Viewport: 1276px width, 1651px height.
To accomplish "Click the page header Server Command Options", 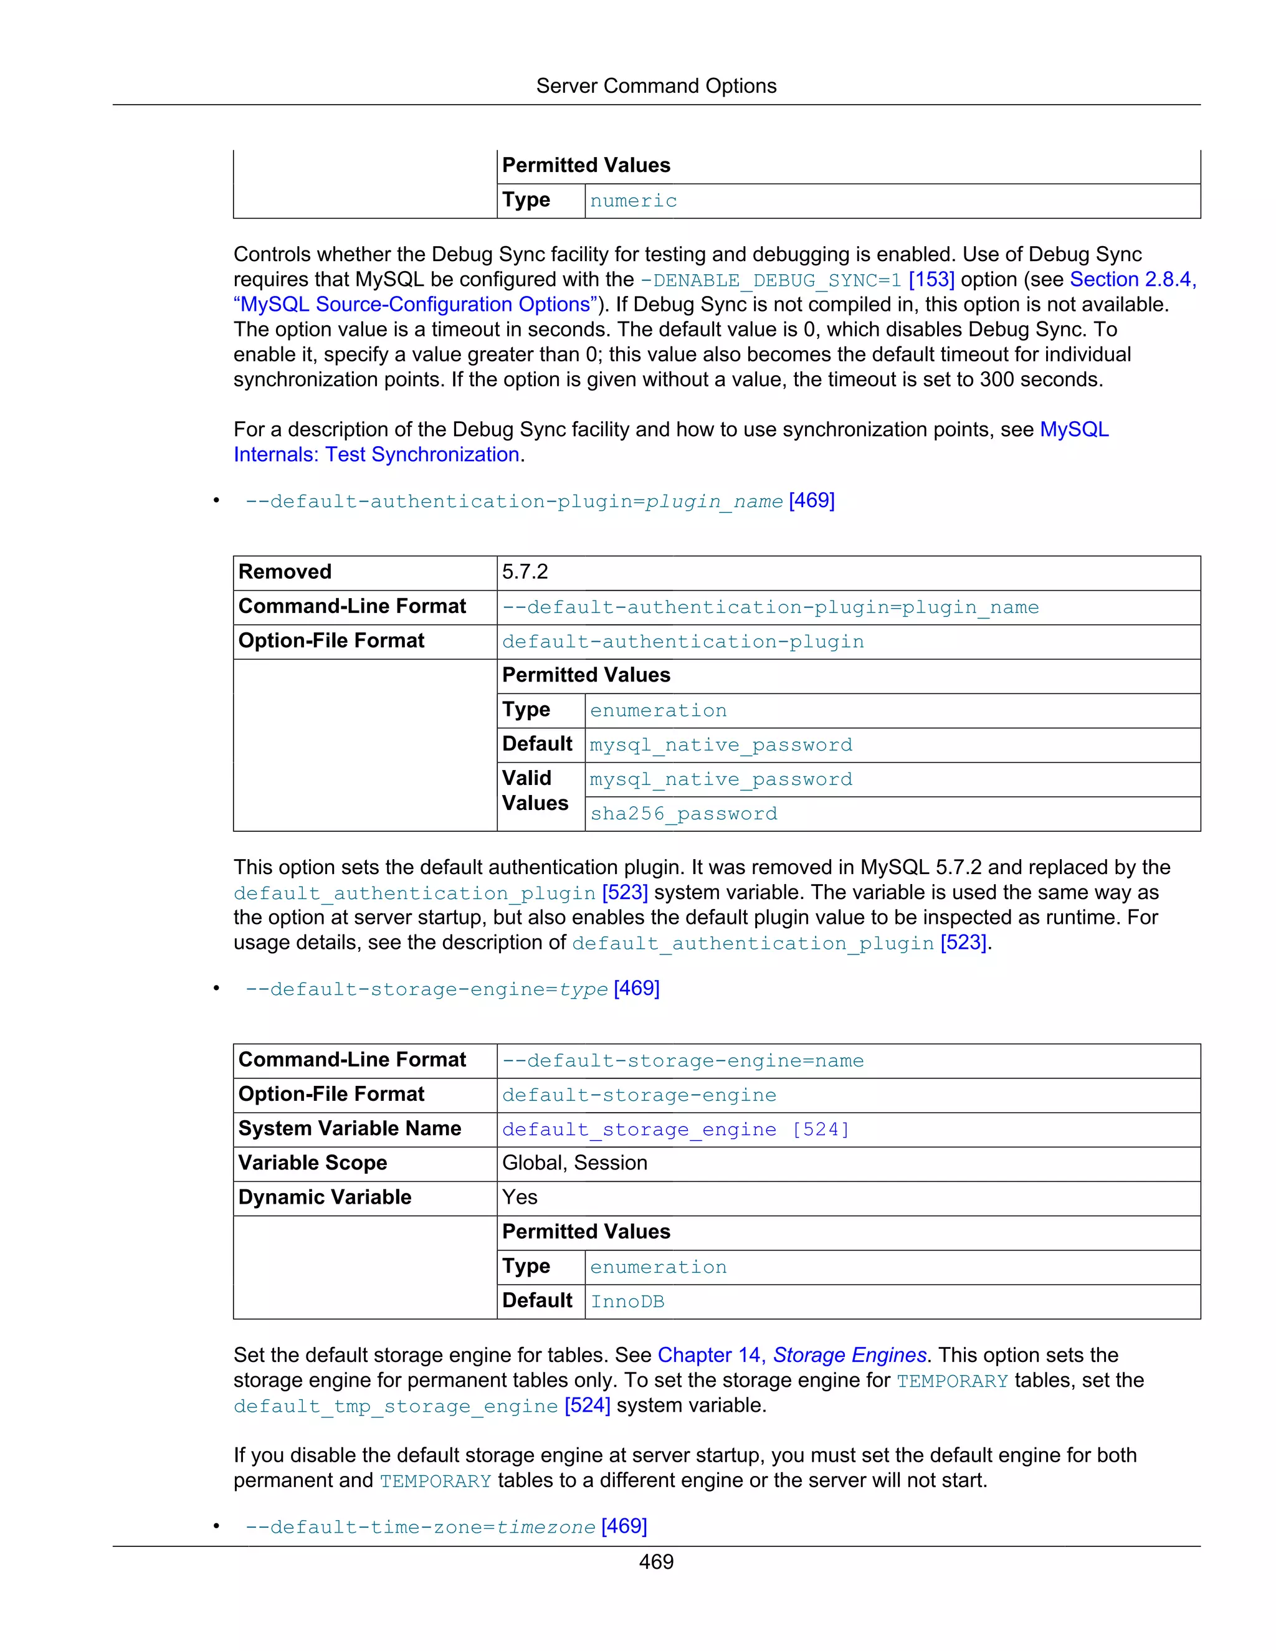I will pyautogui.click(x=655, y=86).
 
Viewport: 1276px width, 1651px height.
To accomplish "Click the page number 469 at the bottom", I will pyautogui.click(x=655, y=1562).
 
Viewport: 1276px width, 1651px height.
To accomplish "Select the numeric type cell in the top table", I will pyautogui.click(x=634, y=201).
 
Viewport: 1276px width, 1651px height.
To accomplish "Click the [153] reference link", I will pyautogui.click(x=931, y=280).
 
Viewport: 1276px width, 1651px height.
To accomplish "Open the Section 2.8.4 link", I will pyautogui.click(x=1131, y=280).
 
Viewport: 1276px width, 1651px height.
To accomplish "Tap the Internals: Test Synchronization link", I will pyautogui.click(x=376, y=455).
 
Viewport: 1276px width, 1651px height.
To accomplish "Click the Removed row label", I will pyautogui.click(x=285, y=573).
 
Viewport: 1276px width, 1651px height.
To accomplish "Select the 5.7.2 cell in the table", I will pyautogui.click(x=525, y=573).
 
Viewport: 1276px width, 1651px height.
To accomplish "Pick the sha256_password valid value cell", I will pyautogui.click(x=683, y=814).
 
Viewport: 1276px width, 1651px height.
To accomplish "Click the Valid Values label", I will pyautogui.click(x=535, y=791).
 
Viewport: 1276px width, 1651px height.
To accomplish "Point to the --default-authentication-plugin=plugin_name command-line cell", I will pyautogui.click(x=769, y=608).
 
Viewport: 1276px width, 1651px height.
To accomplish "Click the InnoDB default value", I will pyautogui.click(x=627, y=1301).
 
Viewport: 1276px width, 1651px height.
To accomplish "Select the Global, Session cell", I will pyautogui.click(x=574, y=1163).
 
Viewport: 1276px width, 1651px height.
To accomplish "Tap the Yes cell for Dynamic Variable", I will pyautogui.click(x=520, y=1197).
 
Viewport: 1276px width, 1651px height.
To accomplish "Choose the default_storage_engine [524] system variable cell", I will pyautogui.click(x=675, y=1130).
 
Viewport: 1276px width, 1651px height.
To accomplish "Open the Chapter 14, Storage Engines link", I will pyautogui.click(x=791, y=1356).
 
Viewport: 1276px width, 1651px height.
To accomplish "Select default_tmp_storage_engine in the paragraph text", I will pyautogui.click(x=396, y=1406).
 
